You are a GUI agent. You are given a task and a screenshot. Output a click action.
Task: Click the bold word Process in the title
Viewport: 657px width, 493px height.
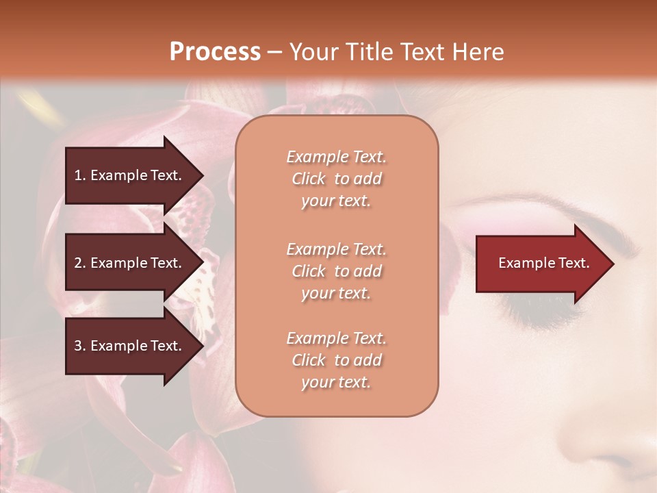tap(215, 52)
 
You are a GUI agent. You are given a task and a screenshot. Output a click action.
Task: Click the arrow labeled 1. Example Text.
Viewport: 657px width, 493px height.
tap(130, 175)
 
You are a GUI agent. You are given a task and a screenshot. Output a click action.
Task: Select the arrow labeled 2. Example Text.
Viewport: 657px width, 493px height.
tap(130, 263)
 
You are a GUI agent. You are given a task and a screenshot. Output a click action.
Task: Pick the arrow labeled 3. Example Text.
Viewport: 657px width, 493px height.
tap(130, 346)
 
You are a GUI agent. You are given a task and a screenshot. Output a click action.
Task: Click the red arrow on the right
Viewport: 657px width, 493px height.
tap(541, 264)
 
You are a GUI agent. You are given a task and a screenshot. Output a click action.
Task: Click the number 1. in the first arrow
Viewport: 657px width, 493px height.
tap(80, 175)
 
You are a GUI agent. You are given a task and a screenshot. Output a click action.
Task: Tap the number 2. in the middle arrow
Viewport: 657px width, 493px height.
tap(80, 263)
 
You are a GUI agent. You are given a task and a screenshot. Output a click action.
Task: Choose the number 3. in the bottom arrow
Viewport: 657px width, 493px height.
tap(80, 346)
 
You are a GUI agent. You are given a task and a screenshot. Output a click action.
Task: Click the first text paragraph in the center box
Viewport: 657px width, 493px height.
tap(337, 179)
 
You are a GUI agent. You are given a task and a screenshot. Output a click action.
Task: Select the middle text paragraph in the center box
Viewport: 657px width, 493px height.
tap(337, 271)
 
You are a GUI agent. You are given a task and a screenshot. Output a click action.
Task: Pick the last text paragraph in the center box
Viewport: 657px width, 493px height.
tap(337, 360)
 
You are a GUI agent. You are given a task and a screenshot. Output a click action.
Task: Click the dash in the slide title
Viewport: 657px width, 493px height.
tap(275, 53)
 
